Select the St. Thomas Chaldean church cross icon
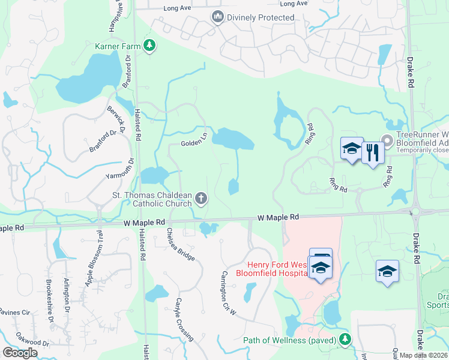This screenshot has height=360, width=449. (202, 198)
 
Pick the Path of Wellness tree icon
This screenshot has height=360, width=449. (345, 340)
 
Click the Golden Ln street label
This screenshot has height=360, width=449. (194, 143)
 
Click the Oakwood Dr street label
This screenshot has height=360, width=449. (32, 343)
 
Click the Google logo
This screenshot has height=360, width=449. (20, 352)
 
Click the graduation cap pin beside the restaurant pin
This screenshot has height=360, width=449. (352, 149)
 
